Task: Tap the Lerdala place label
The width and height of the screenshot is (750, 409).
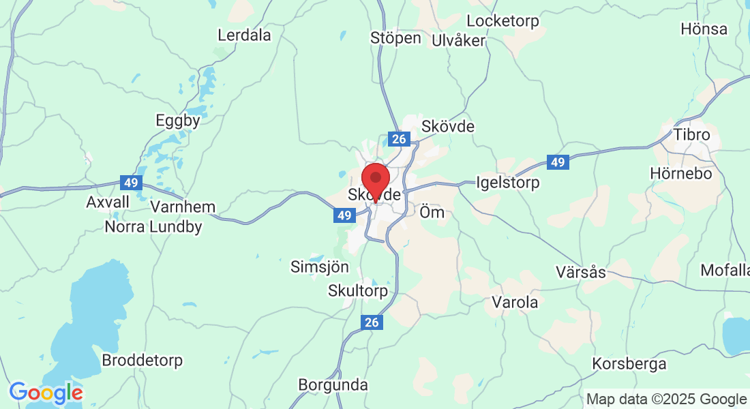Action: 244,35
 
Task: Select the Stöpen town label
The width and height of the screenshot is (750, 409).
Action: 395,37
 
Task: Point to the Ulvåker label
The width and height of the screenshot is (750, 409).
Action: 458,40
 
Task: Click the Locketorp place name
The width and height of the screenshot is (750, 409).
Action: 502,21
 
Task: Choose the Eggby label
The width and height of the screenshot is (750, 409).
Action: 178,121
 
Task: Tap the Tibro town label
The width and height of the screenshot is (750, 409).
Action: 691,134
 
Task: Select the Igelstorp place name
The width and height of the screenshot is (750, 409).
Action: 508,183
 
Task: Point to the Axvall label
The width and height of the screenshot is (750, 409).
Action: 108,202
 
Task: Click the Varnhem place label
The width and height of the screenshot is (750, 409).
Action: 182,207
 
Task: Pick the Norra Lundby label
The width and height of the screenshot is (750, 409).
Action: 153,227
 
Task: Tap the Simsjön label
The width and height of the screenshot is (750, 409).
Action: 320,267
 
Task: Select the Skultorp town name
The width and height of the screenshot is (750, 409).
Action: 358,291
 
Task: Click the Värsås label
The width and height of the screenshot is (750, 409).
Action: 580,272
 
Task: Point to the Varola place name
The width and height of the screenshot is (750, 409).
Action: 515,302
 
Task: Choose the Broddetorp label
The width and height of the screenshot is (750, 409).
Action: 142,360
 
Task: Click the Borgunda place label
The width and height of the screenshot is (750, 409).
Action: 333,384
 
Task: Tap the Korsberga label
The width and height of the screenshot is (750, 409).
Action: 629,364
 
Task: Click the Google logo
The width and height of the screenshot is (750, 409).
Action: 46,393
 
